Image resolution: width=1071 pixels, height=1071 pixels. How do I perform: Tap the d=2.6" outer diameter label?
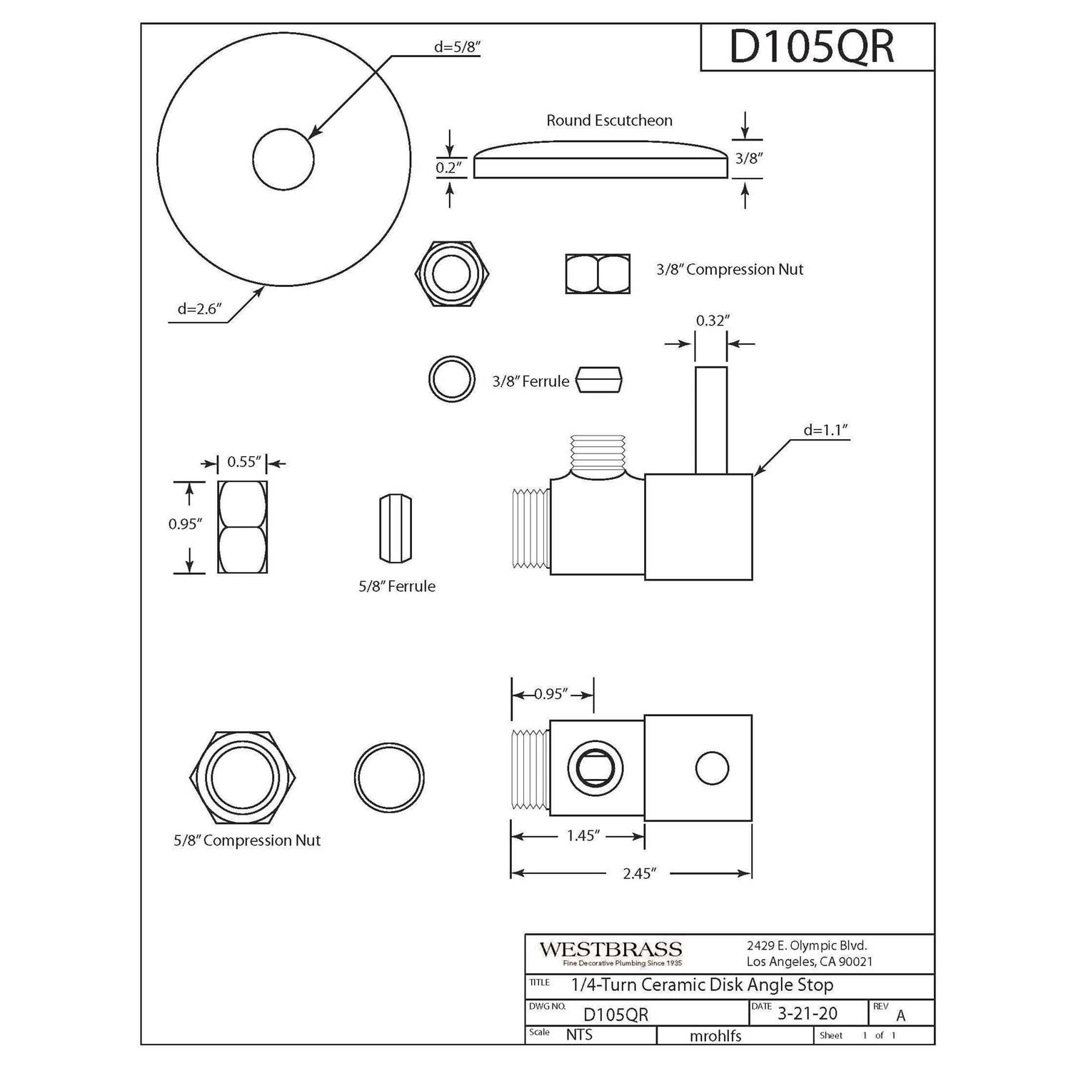[x=199, y=309]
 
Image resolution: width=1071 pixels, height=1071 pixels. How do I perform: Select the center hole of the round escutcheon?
[x=283, y=159]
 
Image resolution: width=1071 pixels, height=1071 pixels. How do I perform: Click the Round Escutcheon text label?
[x=609, y=121]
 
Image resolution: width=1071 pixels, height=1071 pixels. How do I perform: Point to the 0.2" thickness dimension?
[x=449, y=169]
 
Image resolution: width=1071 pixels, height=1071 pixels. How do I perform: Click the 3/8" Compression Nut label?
[x=730, y=270]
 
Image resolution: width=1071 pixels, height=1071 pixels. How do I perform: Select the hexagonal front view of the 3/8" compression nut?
[x=452, y=273]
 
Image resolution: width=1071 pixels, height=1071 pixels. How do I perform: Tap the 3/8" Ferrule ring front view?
[x=452, y=379]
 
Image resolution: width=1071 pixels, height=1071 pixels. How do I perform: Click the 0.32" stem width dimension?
[x=710, y=321]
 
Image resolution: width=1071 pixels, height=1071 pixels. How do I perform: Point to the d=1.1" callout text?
[x=825, y=431]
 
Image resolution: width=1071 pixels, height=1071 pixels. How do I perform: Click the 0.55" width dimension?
[x=244, y=462]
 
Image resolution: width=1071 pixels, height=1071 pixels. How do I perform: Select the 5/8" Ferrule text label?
[x=396, y=586]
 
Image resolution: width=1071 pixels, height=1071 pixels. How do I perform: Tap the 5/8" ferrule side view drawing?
[x=396, y=528]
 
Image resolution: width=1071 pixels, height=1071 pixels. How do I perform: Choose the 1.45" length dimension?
[x=583, y=836]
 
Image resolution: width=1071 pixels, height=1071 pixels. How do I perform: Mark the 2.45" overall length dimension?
[x=638, y=873]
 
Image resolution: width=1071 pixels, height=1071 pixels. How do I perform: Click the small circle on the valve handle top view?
[x=712, y=768]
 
